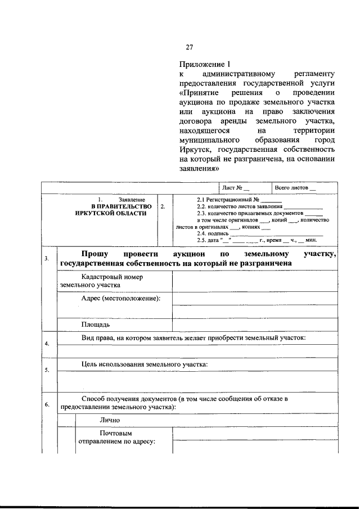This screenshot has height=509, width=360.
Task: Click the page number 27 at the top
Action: click(x=190, y=47)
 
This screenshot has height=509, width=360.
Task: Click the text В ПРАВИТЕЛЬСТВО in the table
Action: click(x=121, y=206)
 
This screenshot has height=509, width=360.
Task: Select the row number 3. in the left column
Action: click(x=47, y=259)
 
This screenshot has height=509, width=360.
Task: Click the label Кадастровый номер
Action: click(x=112, y=277)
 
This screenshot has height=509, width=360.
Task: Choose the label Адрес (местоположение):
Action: click(x=120, y=298)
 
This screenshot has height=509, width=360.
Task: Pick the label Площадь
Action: click(x=95, y=325)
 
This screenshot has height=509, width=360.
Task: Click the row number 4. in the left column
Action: click(x=47, y=344)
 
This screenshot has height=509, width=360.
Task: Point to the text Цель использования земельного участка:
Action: click(x=144, y=364)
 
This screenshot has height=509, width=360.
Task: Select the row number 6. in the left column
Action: click(x=47, y=404)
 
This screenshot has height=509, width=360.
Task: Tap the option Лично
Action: click(x=110, y=420)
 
